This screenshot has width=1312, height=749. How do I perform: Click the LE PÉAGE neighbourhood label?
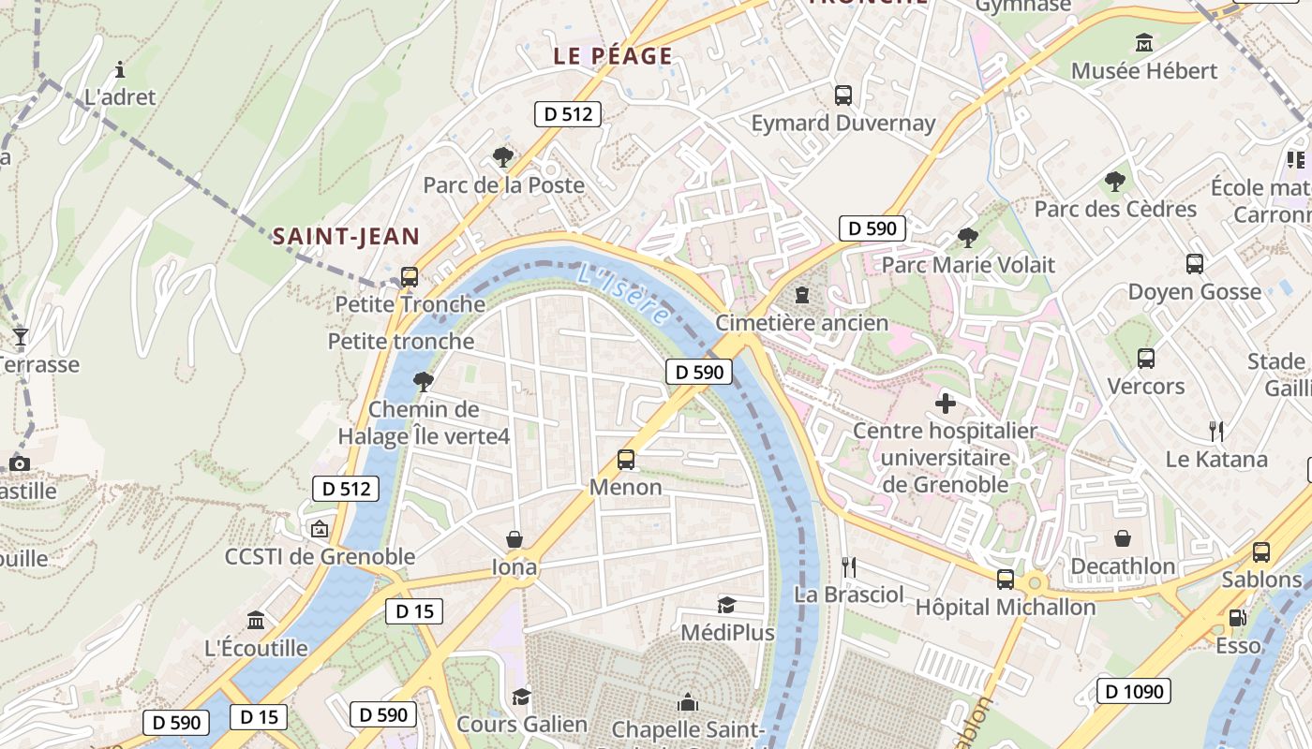(613, 56)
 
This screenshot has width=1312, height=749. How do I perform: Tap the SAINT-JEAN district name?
(346, 237)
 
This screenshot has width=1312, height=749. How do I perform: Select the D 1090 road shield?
(1134, 692)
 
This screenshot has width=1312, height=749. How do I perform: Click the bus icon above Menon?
(626, 460)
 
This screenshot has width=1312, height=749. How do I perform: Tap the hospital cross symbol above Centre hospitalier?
(946, 404)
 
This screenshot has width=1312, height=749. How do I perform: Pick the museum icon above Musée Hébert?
(1144, 43)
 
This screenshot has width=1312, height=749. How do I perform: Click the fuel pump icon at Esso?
(1238, 618)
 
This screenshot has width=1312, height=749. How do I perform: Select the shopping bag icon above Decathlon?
(1123, 538)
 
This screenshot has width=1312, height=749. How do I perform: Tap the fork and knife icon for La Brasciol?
(849, 566)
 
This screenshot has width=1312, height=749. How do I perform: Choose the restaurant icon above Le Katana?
(1216, 432)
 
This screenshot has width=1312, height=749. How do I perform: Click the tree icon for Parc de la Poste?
(503, 156)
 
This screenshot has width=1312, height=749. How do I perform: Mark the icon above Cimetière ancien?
(802, 295)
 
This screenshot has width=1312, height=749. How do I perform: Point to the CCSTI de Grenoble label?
(320, 557)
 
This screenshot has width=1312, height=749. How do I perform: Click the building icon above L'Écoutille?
(256, 620)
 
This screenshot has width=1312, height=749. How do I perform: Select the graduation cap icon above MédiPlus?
(727, 605)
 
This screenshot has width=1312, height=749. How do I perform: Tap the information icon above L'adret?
(120, 69)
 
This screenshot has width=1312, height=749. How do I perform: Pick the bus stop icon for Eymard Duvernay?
(843, 95)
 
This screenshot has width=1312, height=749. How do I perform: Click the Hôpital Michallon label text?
(1005, 608)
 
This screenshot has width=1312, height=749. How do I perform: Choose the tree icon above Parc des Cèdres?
(1115, 181)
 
